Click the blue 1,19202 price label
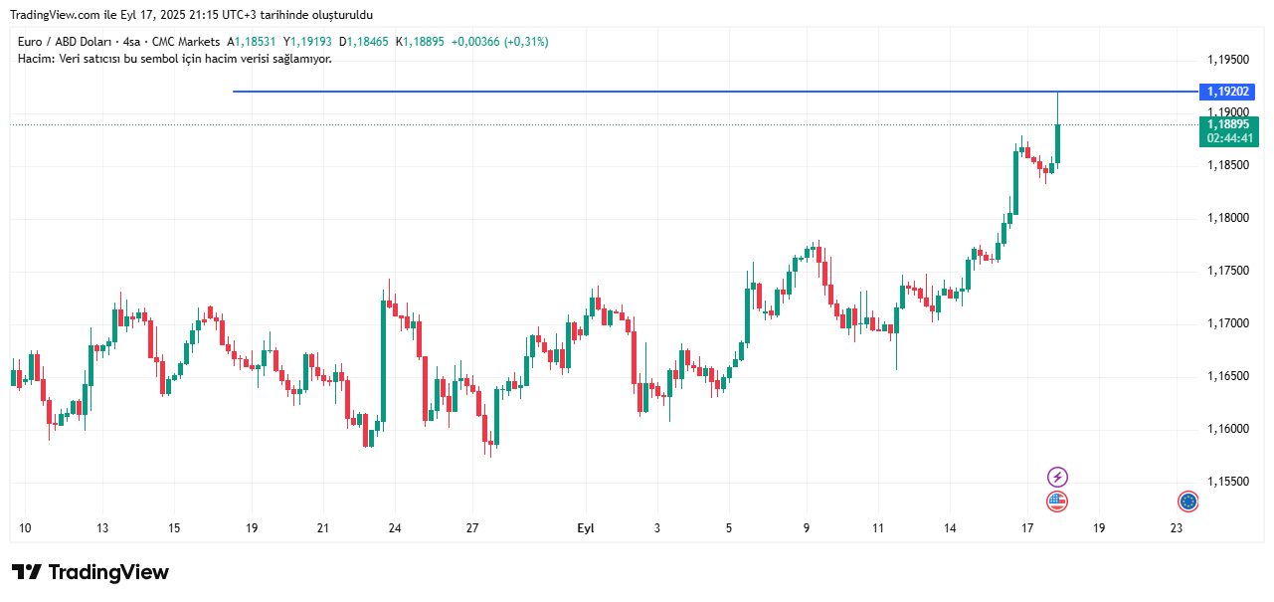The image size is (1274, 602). [x=1229, y=92]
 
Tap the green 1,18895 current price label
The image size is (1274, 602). [x=1229, y=124]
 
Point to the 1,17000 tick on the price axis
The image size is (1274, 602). [x=1227, y=323]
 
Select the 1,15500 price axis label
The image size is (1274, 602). [x=1227, y=482]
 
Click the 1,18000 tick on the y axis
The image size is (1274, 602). [x=1227, y=218]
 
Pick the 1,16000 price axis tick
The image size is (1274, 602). [x=1227, y=429]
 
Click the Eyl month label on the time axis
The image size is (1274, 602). [x=586, y=528]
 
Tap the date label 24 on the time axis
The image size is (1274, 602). [x=394, y=528]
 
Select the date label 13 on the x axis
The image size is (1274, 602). [x=102, y=528]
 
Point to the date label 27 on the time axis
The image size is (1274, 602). [x=472, y=528]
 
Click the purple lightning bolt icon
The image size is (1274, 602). [x=1058, y=478]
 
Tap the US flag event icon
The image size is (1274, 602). [x=1057, y=502]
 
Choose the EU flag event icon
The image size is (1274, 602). [x=1187, y=502]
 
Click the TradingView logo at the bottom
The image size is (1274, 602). [x=91, y=572]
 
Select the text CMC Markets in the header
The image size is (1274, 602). [x=186, y=42]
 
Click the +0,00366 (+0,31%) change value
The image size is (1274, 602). [x=499, y=42]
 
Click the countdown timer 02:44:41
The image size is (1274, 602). [x=1229, y=138]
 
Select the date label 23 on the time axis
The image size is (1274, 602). [x=1177, y=528]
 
